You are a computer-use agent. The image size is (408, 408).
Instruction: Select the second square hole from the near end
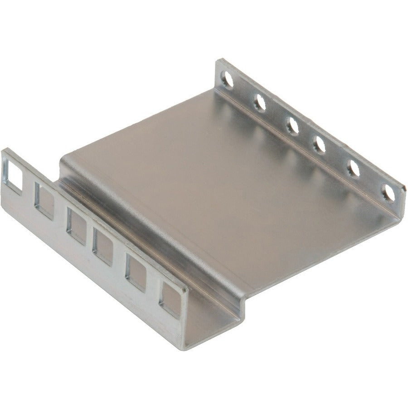(136, 272)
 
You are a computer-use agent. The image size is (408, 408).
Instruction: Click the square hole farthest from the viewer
(12, 175)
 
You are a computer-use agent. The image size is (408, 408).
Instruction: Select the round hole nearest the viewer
(388, 193)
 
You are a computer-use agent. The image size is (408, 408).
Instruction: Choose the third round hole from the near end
(320, 145)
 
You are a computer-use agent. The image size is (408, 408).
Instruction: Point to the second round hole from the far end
(260, 103)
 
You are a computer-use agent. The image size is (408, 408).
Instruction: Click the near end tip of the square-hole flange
(185, 290)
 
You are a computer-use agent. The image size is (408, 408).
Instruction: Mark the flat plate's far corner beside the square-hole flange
(63, 156)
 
